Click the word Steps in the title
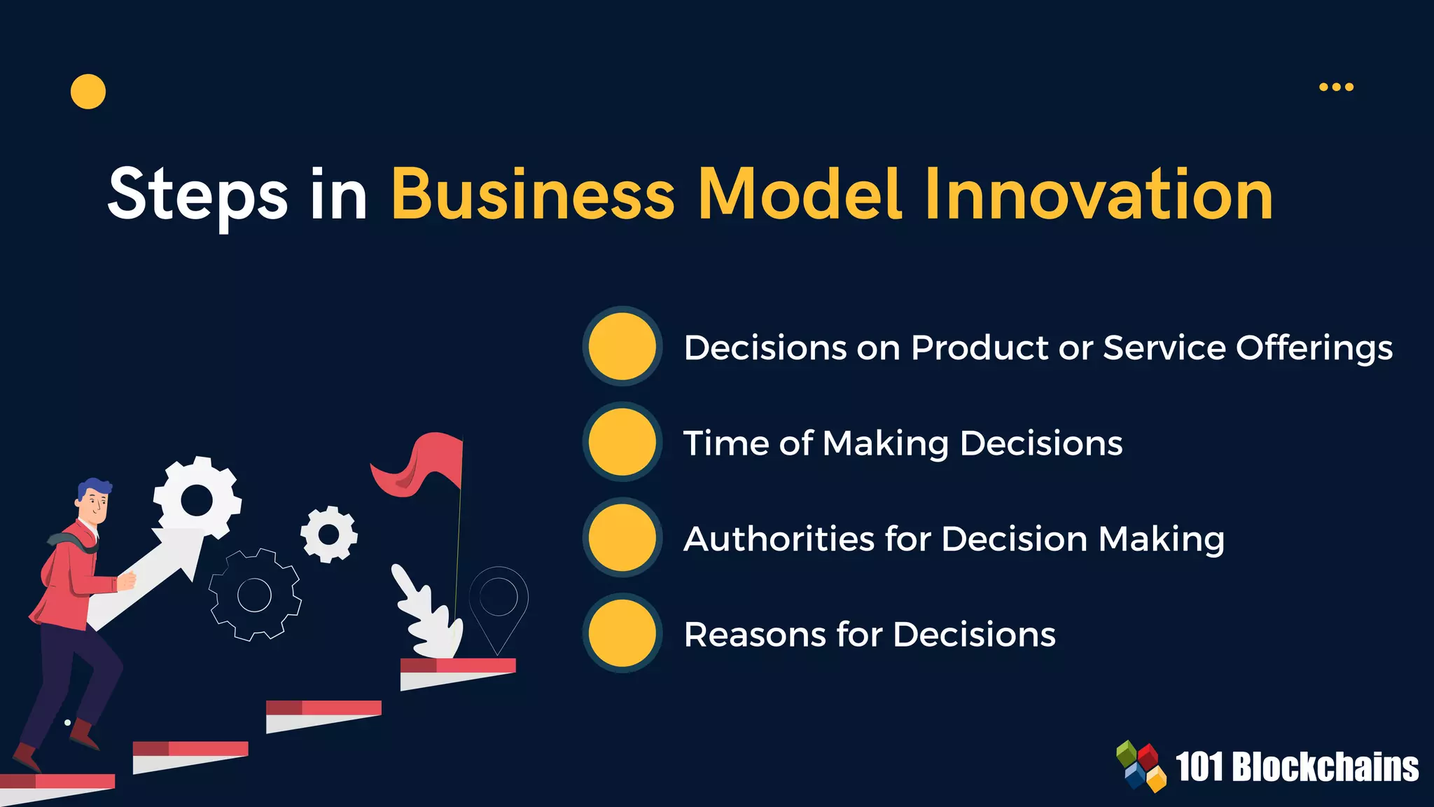(x=197, y=195)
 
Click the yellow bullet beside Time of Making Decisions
(x=622, y=442)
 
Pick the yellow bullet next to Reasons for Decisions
(x=622, y=633)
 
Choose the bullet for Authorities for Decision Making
(x=622, y=537)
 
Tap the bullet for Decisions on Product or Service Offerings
(x=622, y=346)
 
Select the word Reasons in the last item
(x=755, y=635)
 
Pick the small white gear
(x=328, y=534)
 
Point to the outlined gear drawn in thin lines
(x=255, y=595)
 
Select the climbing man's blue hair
(x=94, y=488)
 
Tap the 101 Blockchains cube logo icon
(x=1141, y=766)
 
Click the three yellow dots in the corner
(x=1336, y=87)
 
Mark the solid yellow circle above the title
(x=88, y=92)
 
